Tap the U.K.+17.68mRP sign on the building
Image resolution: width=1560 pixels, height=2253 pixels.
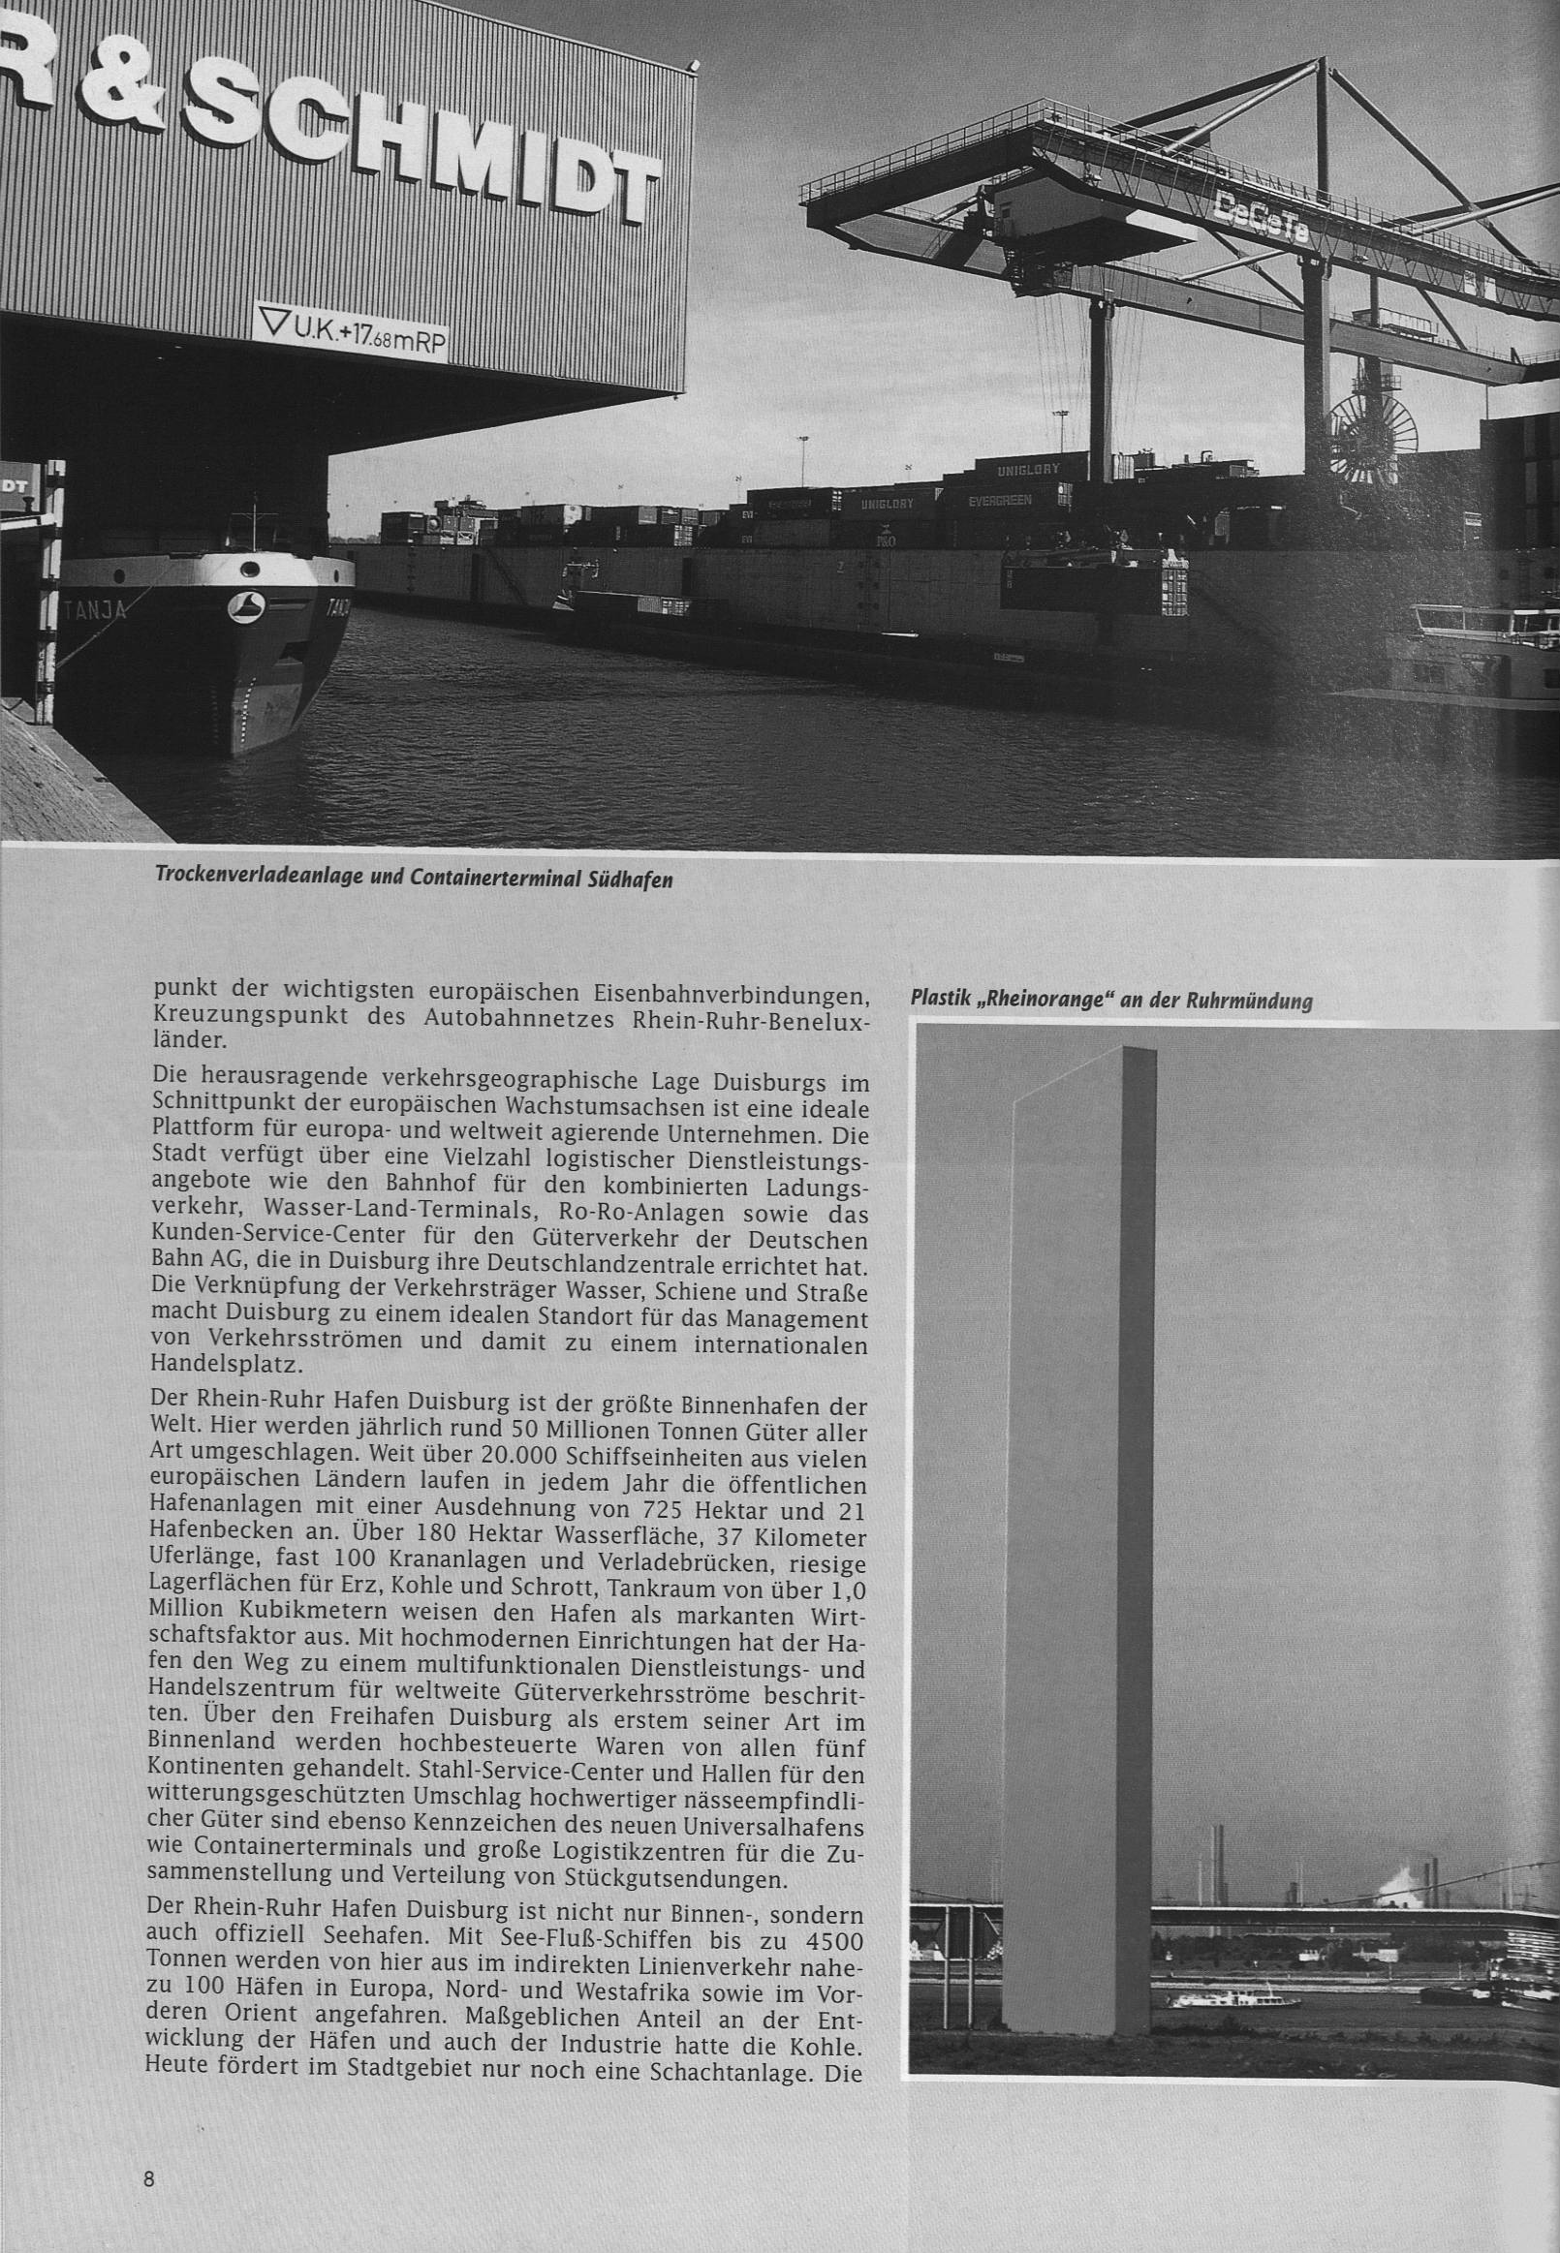click(x=349, y=332)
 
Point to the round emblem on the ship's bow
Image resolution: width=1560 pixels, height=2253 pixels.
click(x=243, y=607)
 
